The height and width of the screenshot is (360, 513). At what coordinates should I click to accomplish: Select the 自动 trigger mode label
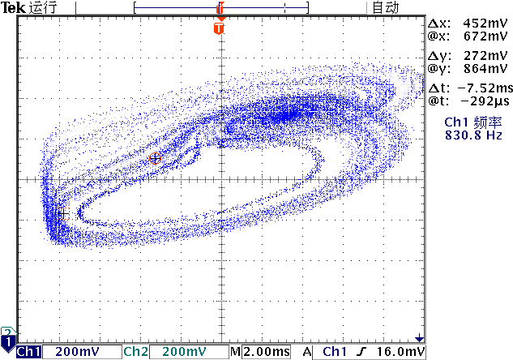385,7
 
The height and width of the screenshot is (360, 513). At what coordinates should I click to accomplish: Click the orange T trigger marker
218,28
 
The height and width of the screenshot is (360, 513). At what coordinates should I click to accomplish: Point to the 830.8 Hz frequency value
469,135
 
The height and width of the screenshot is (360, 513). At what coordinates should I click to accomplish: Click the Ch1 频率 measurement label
469,122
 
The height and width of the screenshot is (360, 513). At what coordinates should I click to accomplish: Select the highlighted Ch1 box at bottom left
29,352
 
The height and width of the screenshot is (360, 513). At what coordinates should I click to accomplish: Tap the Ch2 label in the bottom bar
135,352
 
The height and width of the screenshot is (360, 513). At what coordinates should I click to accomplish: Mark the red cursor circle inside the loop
156,158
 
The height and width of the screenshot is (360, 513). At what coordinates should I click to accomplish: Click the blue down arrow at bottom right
419,337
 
